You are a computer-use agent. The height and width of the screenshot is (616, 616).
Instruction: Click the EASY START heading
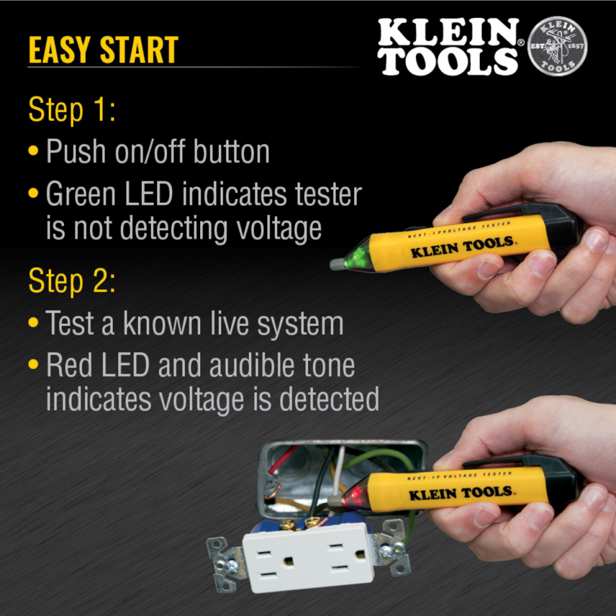click(x=103, y=50)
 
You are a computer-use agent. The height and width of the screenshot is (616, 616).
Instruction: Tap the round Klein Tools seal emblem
click(x=556, y=47)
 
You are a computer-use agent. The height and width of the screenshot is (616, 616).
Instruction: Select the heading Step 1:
click(x=72, y=110)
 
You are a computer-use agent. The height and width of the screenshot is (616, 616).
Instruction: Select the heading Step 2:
click(x=72, y=280)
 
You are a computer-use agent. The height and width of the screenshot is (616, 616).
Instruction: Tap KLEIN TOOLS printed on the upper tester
click(x=462, y=246)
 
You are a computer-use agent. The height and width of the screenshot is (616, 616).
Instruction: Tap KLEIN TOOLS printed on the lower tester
click(x=461, y=493)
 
